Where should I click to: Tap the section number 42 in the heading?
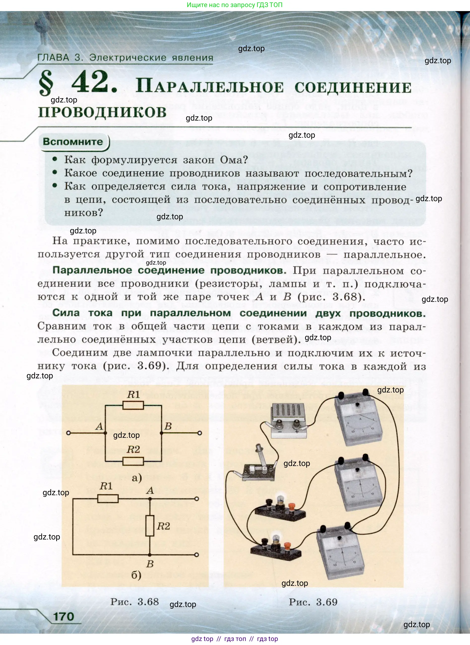tap(94, 83)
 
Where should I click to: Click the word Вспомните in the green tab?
tap(73, 142)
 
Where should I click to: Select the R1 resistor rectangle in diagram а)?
tap(133, 405)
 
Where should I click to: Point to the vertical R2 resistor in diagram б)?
tap(150, 526)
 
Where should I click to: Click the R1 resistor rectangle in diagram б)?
tap(108, 499)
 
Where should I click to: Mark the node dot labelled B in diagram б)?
tap(150, 555)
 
